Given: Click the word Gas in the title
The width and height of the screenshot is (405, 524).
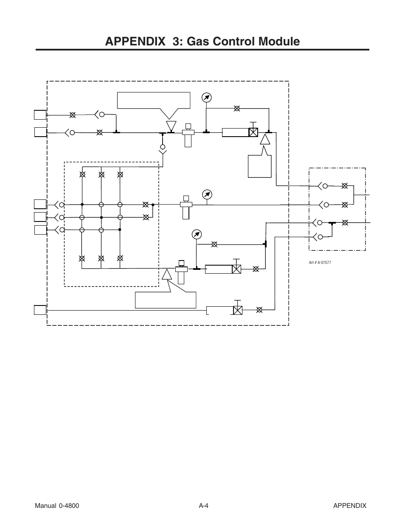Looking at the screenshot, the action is (198, 42).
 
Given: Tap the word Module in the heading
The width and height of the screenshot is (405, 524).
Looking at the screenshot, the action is (279, 42).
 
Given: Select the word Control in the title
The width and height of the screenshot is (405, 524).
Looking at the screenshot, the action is (234, 42).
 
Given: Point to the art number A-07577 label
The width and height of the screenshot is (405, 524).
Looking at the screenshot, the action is (320, 263).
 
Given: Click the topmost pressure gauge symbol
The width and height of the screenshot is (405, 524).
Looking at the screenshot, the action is (206, 98).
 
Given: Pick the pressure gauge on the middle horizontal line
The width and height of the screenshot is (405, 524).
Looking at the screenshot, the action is (207, 195).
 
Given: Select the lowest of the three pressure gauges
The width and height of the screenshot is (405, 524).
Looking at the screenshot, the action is (197, 234).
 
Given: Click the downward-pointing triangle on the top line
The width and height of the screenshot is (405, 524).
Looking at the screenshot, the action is (171, 126).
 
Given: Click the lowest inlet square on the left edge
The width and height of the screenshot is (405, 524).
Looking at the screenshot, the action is (40, 310).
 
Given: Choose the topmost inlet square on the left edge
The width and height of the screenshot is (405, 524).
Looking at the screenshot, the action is (40, 115).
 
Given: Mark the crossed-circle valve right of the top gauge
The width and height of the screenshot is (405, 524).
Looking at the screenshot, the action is (237, 109).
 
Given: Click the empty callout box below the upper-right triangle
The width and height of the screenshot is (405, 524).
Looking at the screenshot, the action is (260, 166).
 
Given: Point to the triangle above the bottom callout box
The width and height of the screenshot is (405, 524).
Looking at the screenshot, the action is (167, 275).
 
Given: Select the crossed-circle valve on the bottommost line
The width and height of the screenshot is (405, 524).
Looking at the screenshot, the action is (259, 310).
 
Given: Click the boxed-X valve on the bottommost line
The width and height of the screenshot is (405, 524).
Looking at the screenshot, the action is (238, 310).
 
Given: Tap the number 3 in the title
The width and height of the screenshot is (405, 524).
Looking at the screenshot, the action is (176, 42).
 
